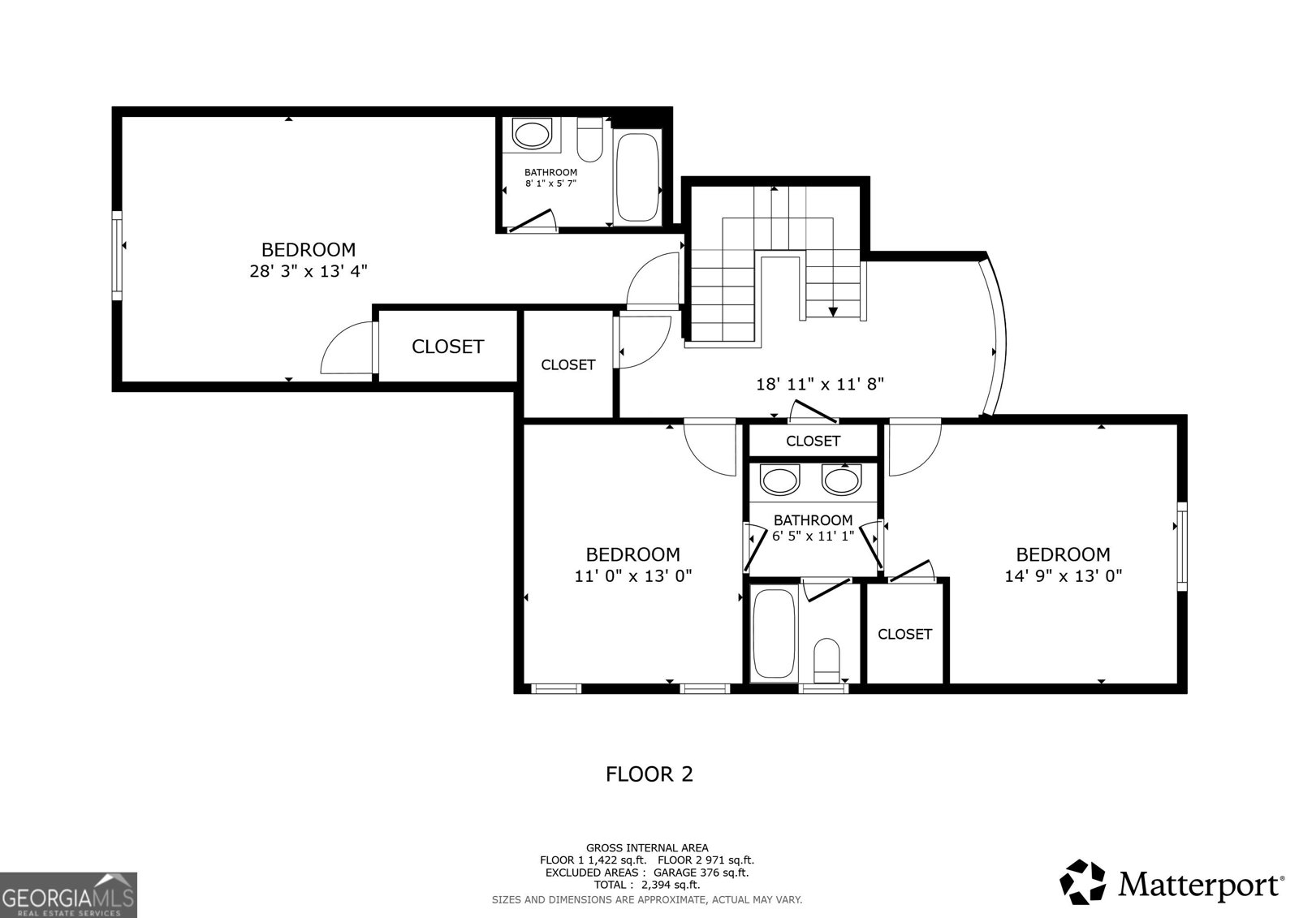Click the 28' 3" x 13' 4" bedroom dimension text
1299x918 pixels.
(x=309, y=271)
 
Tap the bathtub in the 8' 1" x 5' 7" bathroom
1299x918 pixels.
(x=637, y=175)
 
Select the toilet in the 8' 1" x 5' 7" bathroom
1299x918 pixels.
(x=590, y=140)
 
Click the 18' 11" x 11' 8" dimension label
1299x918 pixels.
(x=820, y=384)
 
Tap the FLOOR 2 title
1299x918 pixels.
(x=649, y=774)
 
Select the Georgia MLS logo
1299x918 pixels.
(x=68, y=894)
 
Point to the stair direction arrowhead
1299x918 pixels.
(x=833, y=312)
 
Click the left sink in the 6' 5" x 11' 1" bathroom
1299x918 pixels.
(x=779, y=481)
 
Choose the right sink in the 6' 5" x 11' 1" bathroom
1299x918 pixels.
(x=841, y=481)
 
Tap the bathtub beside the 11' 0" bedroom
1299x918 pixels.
(x=774, y=634)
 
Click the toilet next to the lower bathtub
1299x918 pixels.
(x=827, y=661)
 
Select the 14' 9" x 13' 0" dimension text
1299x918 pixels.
(x=1064, y=575)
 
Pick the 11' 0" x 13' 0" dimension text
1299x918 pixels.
(x=633, y=575)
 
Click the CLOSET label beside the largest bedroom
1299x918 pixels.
(x=447, y=347)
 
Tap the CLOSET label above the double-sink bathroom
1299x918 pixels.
(x=813, y=442)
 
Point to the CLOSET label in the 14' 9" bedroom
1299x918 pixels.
(x=904, y=635)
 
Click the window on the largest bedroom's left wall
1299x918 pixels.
(x=117, y=256)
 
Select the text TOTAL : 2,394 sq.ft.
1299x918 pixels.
(x=646, y=885)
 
